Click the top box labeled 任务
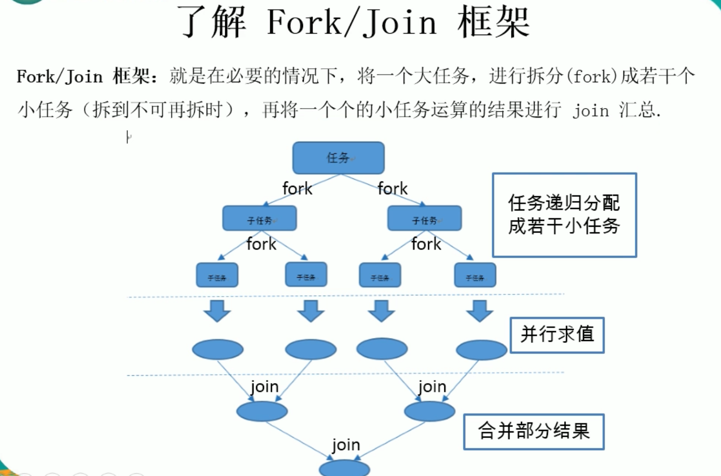(x=338, y=157)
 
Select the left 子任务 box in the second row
(x=259, y=218)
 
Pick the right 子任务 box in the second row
(x=424, y=218)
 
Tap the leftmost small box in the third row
(x=217, y=275)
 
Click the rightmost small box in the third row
(x=475, y=275)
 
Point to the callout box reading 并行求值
(x=557, y=335)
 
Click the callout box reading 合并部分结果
(x=534, y=431)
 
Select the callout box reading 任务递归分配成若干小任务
(x=564, y=215)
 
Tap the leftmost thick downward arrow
(x=217, y=311)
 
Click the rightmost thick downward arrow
(x=479, y=311)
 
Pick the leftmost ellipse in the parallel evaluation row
(x=217, y=350)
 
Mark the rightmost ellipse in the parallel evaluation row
(x=481, y=350)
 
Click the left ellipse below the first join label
(x=262, y=411)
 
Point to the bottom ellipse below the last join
(x=344, y=469)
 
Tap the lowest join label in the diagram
(x=346, y=446)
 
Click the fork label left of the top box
(x=297, y=188)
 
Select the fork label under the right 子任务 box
(x=426, y=244)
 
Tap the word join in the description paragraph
(x=591, y=111)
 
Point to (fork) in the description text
(x=592, y=77)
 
